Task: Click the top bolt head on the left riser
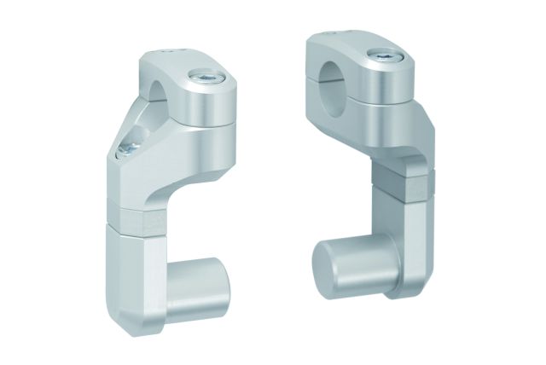208,78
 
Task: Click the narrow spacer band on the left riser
136,214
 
